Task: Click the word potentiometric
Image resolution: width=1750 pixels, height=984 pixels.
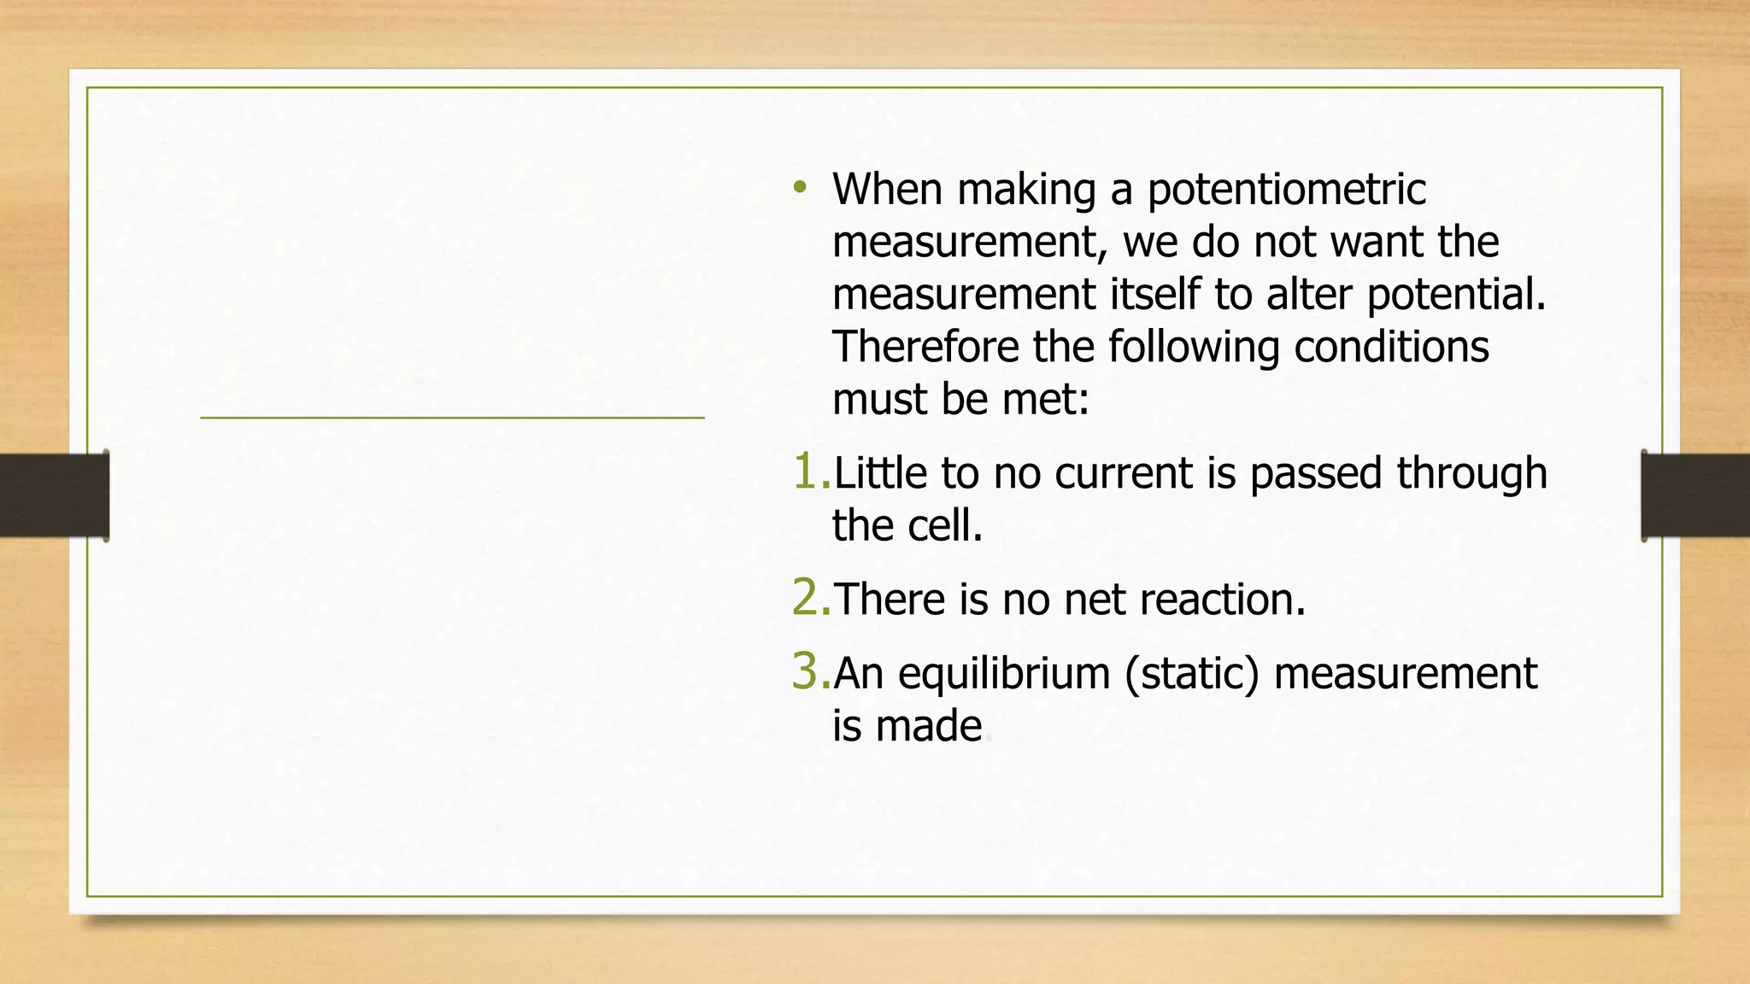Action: (1286, 190)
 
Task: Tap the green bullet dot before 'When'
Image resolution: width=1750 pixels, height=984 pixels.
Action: (800, 187)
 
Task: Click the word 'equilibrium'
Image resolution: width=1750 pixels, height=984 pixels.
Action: (1004, 674)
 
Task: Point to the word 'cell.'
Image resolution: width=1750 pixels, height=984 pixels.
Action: (945, 526)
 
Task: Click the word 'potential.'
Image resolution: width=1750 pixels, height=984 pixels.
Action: (1456, 296)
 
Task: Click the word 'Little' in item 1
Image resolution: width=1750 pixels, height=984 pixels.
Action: (879, 473)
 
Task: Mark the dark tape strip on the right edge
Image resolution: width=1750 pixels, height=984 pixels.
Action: (1695, 495)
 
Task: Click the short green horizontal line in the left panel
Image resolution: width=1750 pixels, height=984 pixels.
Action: (452, 418)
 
